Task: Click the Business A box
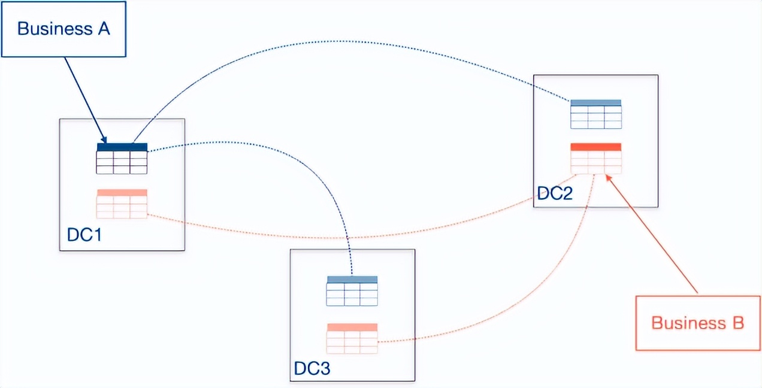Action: click(63, 29)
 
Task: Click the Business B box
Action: click(697, 323)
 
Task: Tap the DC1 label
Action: click(84, 235)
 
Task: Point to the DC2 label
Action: click(554, 193)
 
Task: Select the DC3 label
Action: click(312, 368)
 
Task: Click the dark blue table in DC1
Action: click(122, 159)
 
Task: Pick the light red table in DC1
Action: click(122, 204)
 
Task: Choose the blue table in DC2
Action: click(595, 114)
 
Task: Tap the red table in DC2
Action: click(595, 159)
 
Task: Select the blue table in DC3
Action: click(352, 291)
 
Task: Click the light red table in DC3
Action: click(352, 338)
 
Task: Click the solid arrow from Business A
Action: click(84, 99)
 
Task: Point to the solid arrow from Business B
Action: click(653, 234)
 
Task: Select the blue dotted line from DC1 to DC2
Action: click(335, 41)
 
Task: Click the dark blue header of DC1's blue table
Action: click(122, 147)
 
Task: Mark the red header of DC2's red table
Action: click(595, 147)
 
